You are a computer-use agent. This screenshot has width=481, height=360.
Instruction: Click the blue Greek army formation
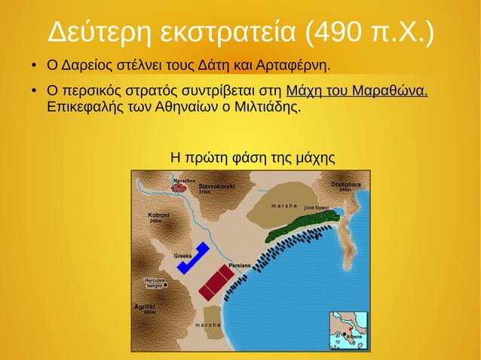coord(192,258)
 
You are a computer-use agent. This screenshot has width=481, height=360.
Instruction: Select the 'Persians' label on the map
coord(239,266)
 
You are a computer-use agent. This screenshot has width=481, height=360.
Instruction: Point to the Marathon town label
coord(184,182)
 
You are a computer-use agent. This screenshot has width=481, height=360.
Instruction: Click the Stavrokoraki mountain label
coord(216,186)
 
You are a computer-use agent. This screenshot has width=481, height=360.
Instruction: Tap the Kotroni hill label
coord(158,215)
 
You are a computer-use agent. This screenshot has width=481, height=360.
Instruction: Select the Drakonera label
coord(345,185)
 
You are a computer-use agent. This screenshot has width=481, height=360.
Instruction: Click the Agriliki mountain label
coord(146,307)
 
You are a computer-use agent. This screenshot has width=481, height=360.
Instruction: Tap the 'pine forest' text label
coord(317,207)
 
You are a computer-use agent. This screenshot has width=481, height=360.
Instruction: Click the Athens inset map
coord(348,331)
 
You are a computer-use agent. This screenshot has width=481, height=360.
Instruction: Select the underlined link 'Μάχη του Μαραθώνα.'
coord(357,92)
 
